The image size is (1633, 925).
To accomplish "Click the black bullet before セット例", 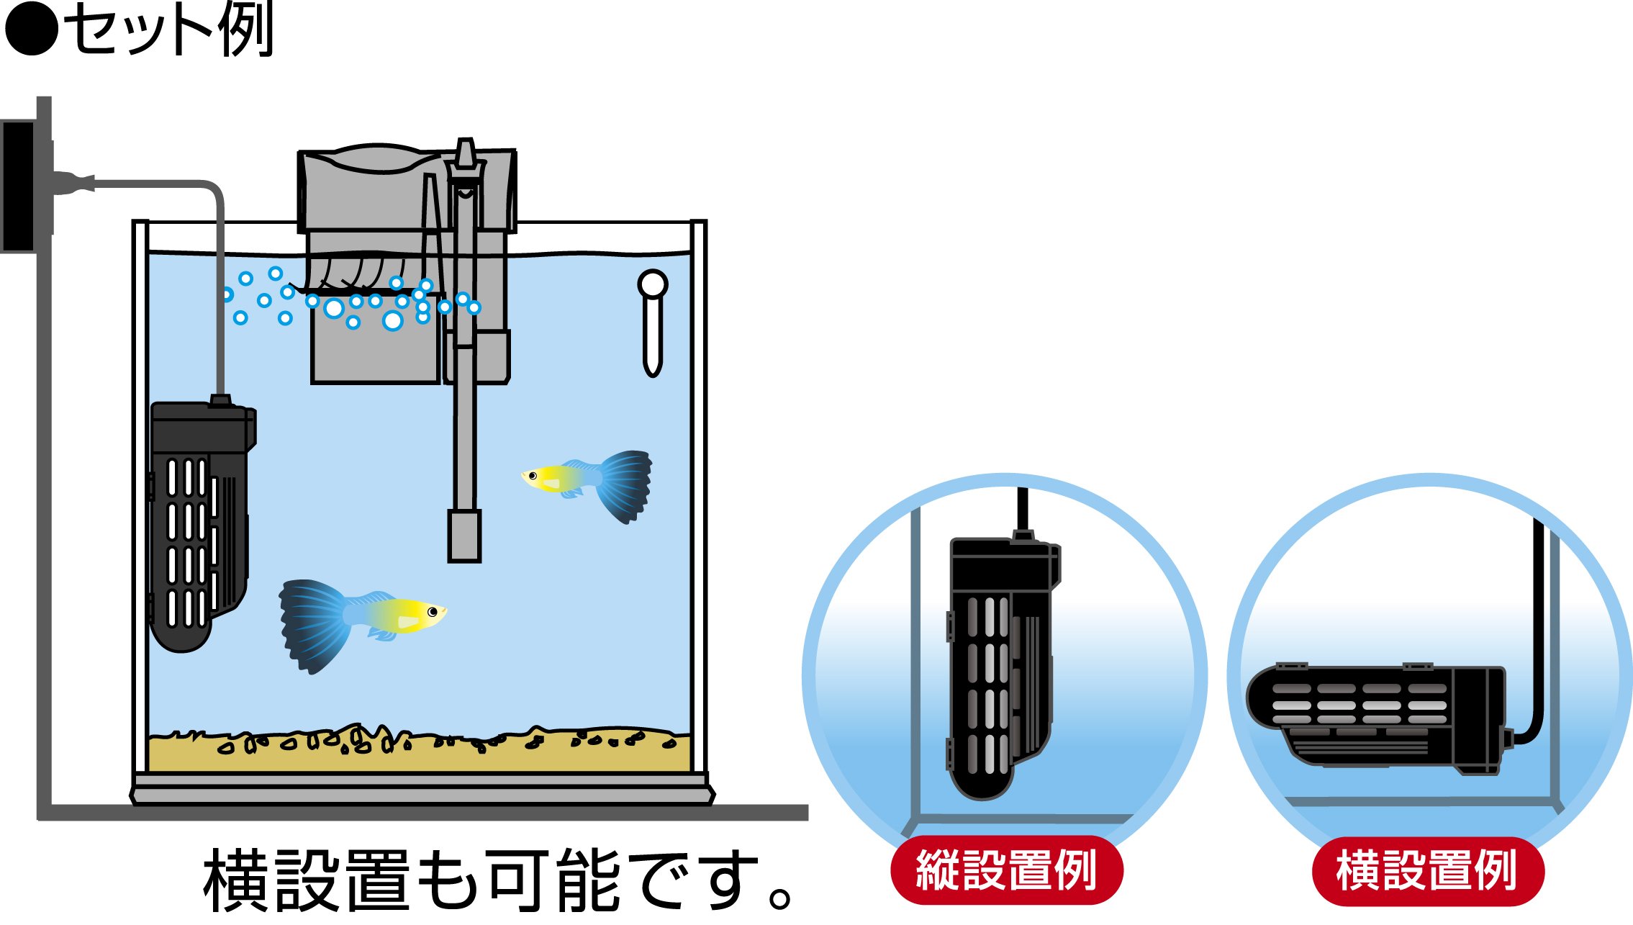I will point(30,30).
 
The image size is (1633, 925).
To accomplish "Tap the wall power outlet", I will point(19,186).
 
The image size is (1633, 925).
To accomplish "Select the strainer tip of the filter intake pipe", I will point(464,536).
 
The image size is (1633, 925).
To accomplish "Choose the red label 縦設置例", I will point(1006,870).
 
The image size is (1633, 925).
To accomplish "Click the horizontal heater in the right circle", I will point(1375,716).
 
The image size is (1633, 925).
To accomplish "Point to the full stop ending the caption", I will point(779,899).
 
